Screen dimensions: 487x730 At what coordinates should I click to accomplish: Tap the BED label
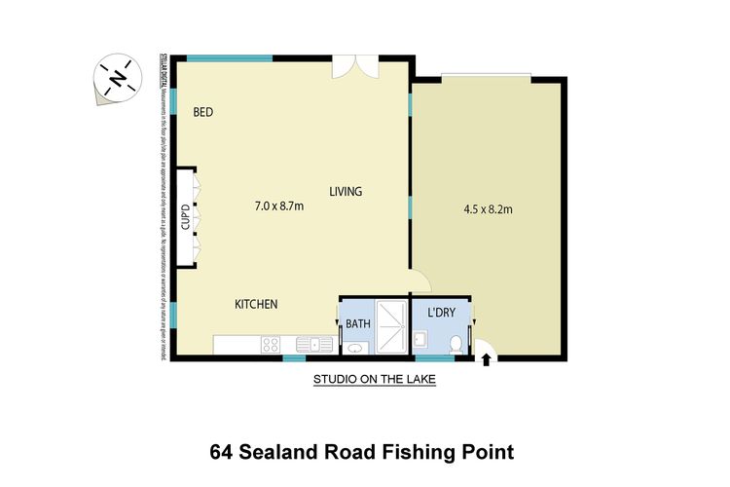point(202,112)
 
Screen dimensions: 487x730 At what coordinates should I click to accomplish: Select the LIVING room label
point(345,191)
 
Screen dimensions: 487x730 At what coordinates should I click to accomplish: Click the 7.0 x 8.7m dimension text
point(279,206)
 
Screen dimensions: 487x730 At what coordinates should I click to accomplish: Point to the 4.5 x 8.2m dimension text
point(488,208)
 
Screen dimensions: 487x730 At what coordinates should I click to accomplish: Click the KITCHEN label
point(256,305)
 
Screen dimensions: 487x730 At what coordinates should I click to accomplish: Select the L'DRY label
point(443,314)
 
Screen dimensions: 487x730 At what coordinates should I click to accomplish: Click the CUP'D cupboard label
point(185,218)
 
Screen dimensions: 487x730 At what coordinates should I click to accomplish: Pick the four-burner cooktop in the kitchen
point(271,344)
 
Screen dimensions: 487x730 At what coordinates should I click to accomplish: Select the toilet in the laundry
point(457,343)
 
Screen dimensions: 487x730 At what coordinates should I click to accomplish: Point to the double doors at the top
point(352,66)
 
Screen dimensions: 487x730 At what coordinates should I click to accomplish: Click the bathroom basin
point(354,347)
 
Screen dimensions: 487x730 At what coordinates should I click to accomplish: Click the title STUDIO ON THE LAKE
point(373,381)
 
